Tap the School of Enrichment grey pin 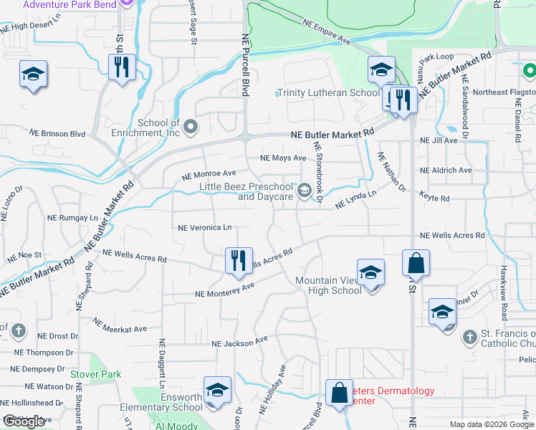coord(190,128)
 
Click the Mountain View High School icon coord(370,273)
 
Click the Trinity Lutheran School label coord(328,92)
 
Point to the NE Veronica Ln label coord(205,228)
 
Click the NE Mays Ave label coord(282,158)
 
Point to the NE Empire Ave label coord(325,32)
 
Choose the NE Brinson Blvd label coord(57,133)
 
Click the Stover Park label coord(96,374)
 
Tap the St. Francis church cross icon coord(469,337)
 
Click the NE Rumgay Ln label coord(69,217)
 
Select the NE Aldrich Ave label coord(446,171)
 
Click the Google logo coord(24,421)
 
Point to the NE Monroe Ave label coord(209,174)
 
